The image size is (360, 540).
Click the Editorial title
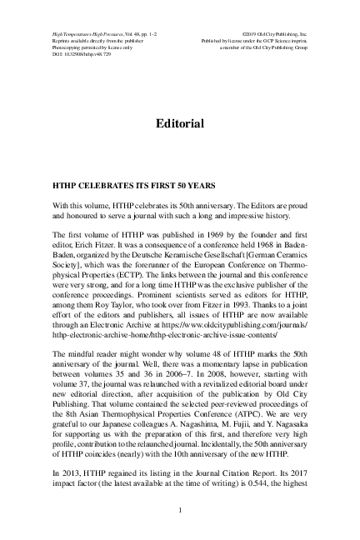[x=180, y=124]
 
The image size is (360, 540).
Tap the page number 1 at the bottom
[x=180, y=509]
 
